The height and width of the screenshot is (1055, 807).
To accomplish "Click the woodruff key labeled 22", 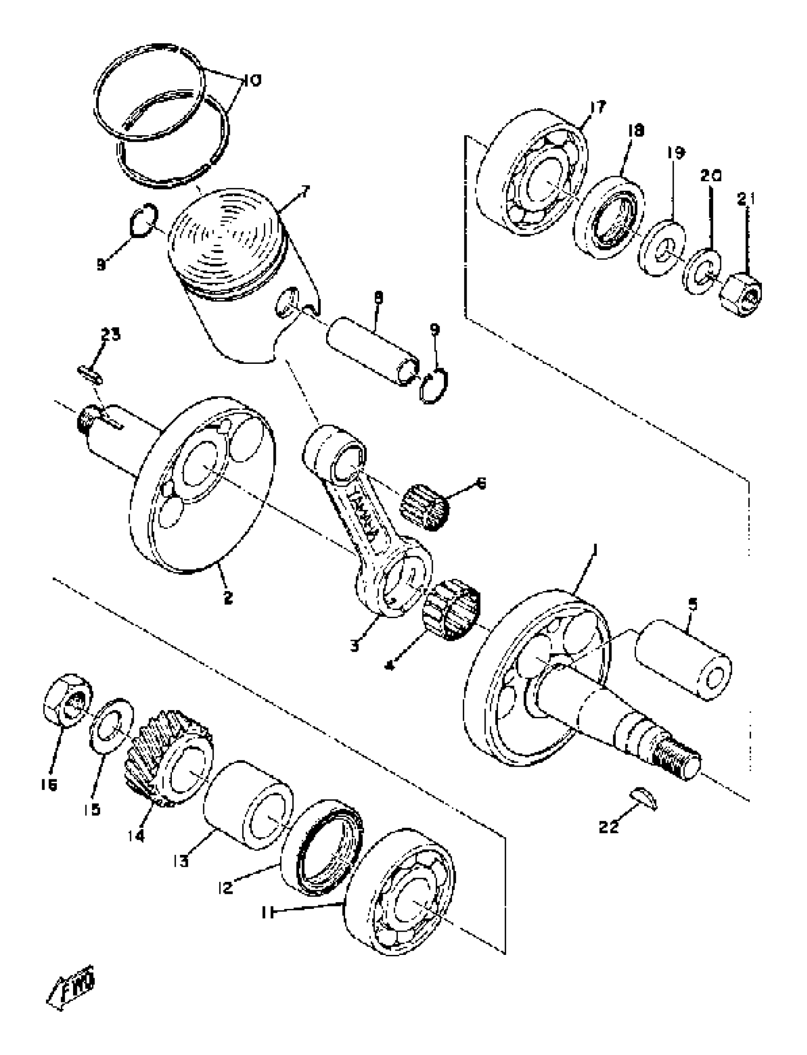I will pyautogui.click(x=643, y=799).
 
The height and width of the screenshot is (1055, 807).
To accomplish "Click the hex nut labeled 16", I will pyautogui.click(x=68, y=700).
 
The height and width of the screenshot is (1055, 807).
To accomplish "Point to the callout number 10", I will pyautogui.click(x=251, y=81).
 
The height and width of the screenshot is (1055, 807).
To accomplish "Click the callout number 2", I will pyautogui.click(x=228, y=598).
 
